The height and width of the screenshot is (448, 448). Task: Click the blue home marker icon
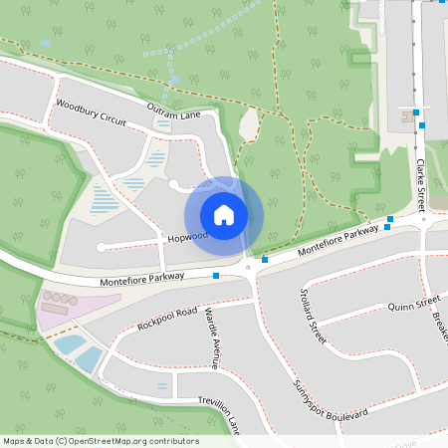click(x=224, y=215)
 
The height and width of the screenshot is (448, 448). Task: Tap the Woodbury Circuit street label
click(x=91, y=111)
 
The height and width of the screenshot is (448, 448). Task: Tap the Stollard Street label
click(x=313, y=317)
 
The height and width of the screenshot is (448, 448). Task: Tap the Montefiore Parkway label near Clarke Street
click(x=338, y=239)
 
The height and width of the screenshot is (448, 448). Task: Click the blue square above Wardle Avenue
click(x=216, y=275)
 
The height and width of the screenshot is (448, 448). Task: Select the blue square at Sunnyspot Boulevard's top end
click(x=265, y=260)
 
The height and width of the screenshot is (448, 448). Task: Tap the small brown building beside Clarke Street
click(x=406, y=116)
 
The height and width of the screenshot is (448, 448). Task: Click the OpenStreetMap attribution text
click(x=100, y=441)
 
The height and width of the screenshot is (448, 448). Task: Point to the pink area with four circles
click(x=60, y=308)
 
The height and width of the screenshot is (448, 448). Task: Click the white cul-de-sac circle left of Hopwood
click(x=101, y=247)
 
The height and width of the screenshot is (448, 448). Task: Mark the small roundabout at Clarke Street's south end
click(x=423, y=220)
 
